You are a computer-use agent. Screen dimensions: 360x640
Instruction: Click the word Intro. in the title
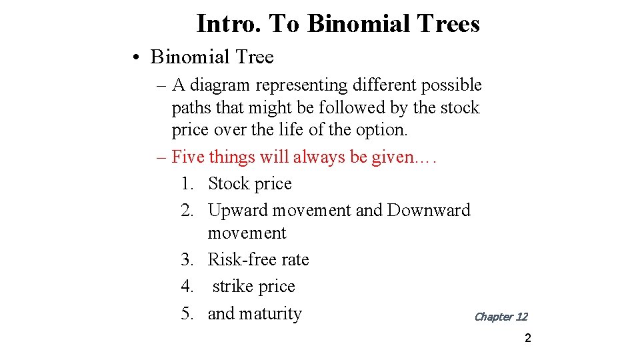coord(229,24)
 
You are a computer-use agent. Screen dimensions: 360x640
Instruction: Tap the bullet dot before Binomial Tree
coord(135,58)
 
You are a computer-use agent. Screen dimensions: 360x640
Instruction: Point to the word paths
coord(193,108)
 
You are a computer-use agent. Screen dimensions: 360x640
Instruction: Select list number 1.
coord(187,184)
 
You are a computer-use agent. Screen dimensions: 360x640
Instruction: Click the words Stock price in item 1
coord(250,184)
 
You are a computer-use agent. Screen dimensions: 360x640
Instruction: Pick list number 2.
coord(187,211)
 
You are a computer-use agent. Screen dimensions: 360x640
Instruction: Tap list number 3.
coord(187,260)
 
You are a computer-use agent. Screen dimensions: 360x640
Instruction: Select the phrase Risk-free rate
coord(259,260)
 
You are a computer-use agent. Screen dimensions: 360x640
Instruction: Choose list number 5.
coord(187,313)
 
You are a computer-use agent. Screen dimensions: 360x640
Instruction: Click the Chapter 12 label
coord(500,317)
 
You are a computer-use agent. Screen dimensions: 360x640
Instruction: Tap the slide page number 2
coord(527,339)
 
